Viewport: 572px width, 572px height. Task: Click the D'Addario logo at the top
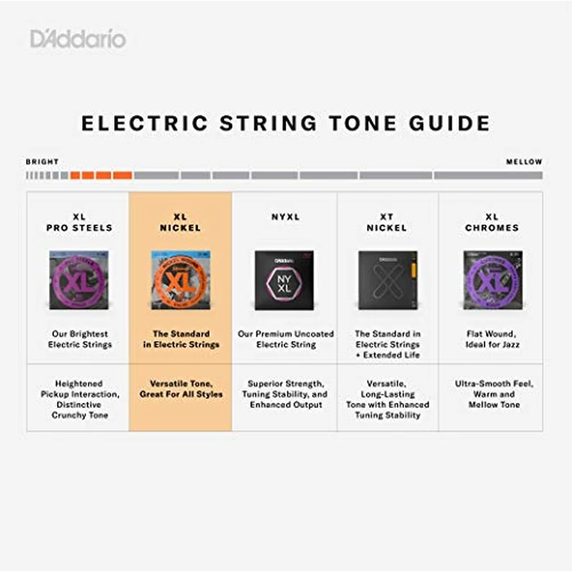pos(78,38)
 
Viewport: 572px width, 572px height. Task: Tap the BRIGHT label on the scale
pos(42,162)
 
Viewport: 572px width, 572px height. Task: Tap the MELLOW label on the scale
pos(524,162)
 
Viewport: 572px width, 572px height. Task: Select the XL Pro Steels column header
pos(79,222)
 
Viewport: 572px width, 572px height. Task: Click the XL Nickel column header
pos(181,222)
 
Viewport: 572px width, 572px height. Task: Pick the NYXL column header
pos(285,217)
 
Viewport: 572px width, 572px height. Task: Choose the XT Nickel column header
pos(387,222)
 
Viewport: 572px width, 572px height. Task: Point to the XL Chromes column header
pos(492,222)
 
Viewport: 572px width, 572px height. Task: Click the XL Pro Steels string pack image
pos(79,279)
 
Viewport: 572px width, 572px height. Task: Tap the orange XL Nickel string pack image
pos(181,279)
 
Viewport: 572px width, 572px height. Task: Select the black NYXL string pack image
pos(284,279)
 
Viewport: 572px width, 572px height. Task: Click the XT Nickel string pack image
pos(387,279)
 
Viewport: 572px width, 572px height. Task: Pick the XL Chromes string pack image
pos(492,279)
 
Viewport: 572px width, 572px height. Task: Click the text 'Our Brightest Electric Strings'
pos(79,339)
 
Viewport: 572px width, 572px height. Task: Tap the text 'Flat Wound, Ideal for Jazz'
pos(492,339)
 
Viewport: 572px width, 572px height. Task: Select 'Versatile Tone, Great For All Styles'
pos(181,389)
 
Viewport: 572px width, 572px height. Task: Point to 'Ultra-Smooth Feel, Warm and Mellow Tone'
pos(492,394)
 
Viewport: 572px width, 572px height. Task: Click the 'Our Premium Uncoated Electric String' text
pos(285,339)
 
